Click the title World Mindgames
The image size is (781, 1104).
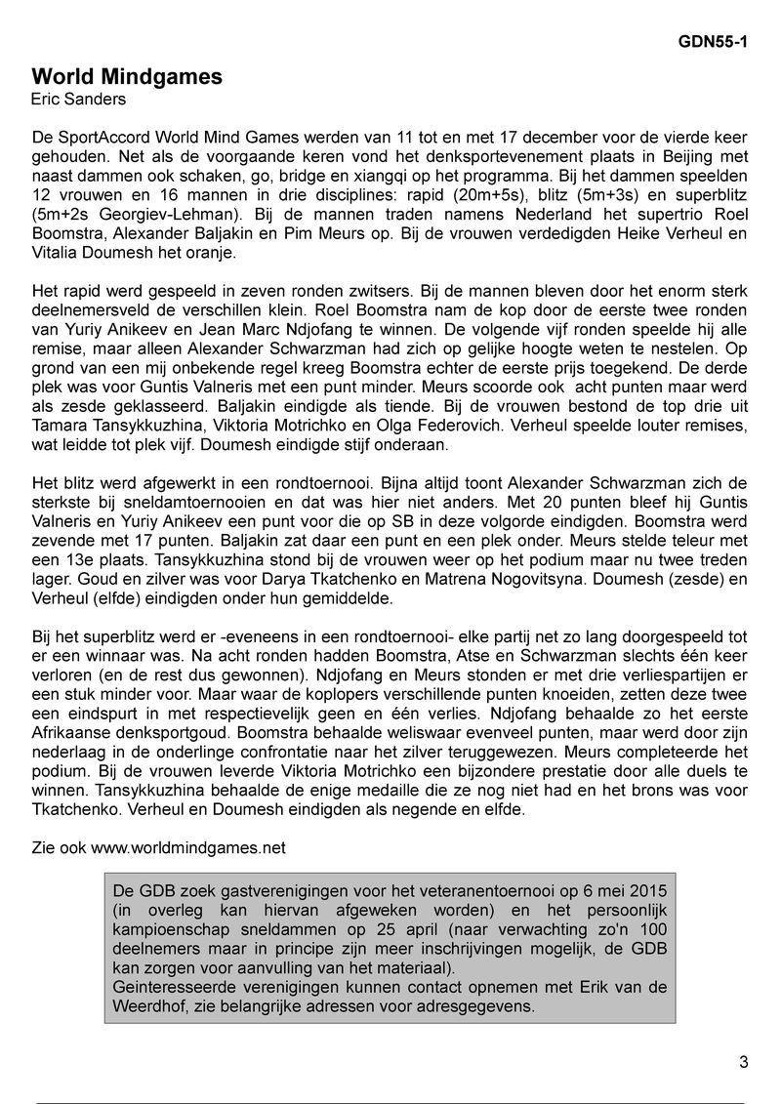[127, 77]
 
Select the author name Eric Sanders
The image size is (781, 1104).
[77, 100]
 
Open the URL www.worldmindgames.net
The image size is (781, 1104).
[188, 848]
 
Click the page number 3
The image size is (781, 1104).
[744, 1063]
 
